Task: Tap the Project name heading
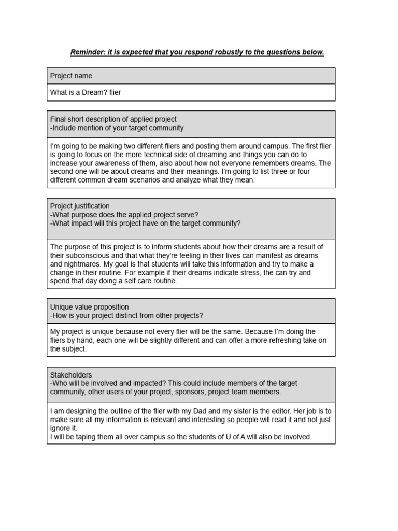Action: point(71,76)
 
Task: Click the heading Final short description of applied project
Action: point(113,119)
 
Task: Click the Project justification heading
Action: point(80,206)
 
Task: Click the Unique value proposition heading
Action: point(89,307)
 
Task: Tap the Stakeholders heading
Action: point(71,374)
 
